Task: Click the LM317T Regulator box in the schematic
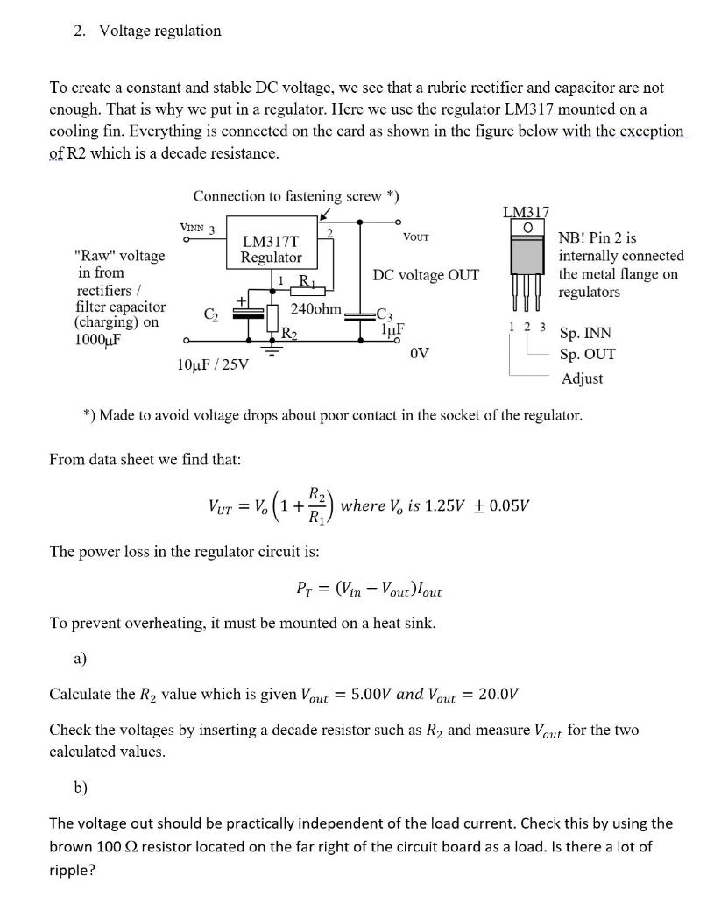click(271, 249)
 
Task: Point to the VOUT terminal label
click(415, 237)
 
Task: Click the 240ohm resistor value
click(315, 308)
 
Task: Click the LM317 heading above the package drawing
click(526, 211)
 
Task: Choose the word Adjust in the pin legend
click(582, 378)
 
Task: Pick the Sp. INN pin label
click(585, 333)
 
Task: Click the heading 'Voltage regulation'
click(159, 31)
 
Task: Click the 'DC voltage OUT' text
click(426, 275)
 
